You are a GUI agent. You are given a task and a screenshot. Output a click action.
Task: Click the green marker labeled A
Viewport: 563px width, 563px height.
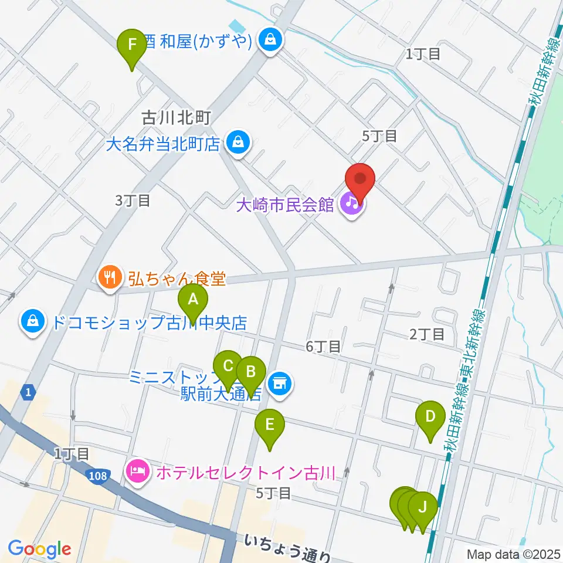tap(193, 301)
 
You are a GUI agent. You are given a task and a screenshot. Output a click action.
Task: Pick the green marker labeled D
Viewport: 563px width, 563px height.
tap(430, 417)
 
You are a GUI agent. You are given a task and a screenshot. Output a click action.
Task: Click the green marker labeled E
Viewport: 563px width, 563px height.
tap(270, 425)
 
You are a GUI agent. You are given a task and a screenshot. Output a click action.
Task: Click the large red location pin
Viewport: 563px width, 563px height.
tap(360, 179)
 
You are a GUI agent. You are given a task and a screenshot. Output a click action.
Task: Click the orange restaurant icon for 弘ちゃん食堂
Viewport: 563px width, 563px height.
tap(110, 276)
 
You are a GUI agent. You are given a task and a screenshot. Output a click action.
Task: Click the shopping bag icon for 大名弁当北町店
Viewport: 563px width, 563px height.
tap(238, 142)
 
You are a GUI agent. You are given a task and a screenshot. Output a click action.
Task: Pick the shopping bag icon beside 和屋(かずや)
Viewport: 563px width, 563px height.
tap(270, 40)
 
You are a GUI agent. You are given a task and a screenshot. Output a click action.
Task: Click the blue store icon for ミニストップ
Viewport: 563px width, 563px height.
tap(279, 384)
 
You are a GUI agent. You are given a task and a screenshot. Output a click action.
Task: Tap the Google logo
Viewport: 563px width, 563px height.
tap(39, 550)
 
